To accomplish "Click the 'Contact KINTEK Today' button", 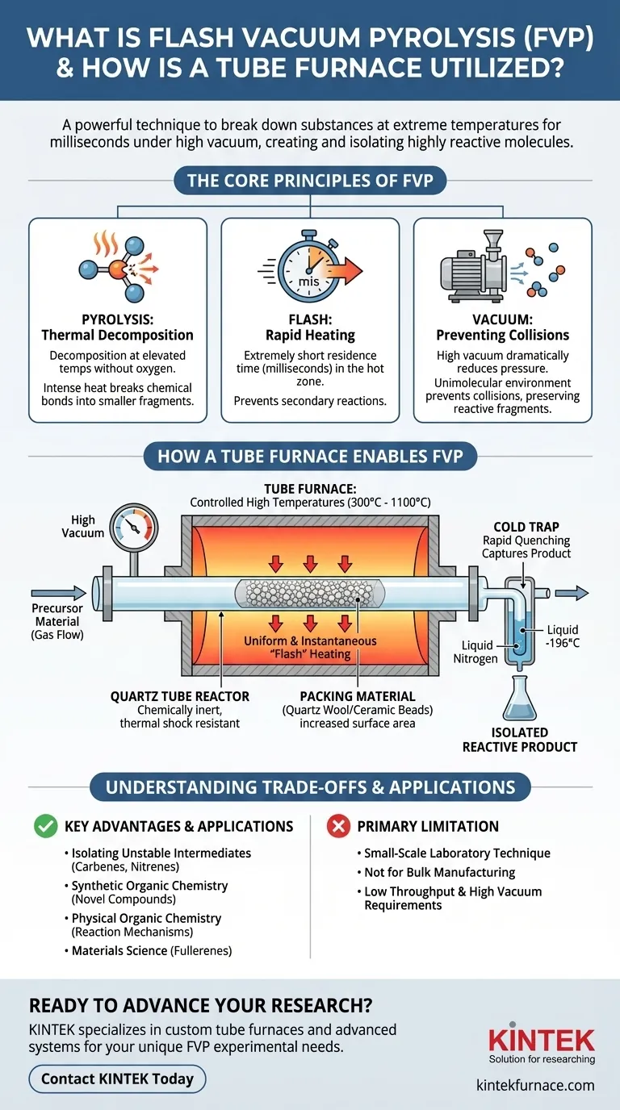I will (117, 1079).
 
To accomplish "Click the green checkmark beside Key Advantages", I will (45, 826).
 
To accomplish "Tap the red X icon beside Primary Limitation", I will (336, 826).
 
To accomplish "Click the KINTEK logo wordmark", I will (542, 1040).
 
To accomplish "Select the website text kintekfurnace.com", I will (542, 1085).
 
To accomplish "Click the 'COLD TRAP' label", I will (526, 527).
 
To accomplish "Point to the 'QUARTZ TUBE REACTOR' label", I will (180, 696).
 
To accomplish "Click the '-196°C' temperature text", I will (563, 644).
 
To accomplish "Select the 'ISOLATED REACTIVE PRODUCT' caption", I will (519, 739).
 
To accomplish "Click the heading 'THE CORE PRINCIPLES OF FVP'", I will (310, 180).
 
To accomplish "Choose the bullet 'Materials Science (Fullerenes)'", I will (152, 951).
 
